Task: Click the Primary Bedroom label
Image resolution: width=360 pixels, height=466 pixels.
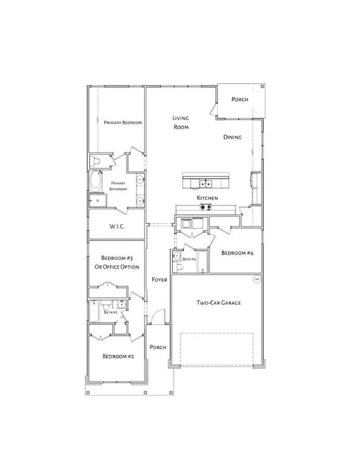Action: coord(123,123)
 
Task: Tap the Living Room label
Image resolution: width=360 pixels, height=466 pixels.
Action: coord(181,123)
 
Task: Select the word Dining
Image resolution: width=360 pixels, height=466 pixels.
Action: coord(233,137)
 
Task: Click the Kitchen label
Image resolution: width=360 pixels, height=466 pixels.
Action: coord(207,198)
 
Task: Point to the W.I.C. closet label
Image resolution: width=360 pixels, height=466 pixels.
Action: coord(117,228)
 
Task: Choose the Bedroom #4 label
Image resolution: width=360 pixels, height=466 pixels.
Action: coord(236,252)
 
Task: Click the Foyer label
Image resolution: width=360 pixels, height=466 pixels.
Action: coord(160,279)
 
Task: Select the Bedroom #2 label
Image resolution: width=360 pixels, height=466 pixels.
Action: coord(117,357)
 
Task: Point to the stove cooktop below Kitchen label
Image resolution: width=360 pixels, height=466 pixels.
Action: coord(205,208)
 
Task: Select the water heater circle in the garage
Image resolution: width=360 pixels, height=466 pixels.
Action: coord(257,279)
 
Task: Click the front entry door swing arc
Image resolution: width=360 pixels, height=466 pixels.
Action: coord(156,316)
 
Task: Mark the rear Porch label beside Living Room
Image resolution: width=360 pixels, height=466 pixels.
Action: coord(240,100)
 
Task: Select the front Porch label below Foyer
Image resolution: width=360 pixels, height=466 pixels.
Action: coord(158,347)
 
